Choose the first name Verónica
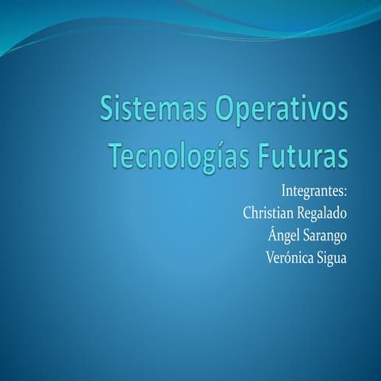click(289, 256)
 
